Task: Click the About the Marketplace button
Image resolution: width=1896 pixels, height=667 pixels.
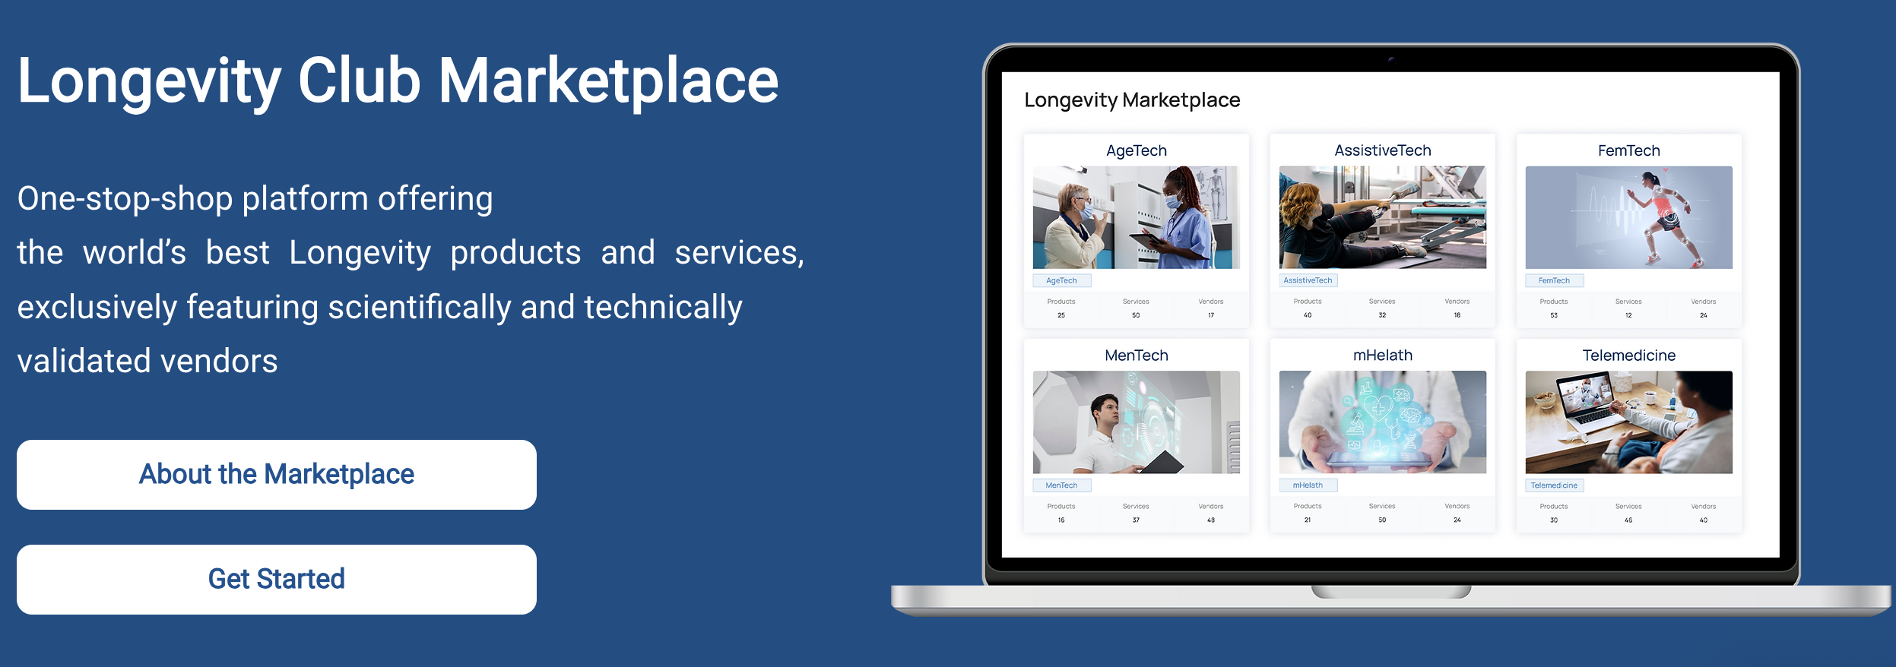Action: click(277, 475)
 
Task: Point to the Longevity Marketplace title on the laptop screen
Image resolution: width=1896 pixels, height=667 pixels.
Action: click(1132, 100)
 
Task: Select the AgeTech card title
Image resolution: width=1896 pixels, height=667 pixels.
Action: click(1137, 150)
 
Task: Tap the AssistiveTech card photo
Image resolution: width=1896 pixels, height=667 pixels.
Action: click(1383, 217)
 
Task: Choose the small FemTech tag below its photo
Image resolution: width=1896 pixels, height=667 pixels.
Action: click(1554, 280)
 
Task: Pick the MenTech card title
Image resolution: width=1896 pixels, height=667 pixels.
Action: click(1137, 356)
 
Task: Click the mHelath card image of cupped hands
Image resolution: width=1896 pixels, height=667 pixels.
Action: click(1383, 422)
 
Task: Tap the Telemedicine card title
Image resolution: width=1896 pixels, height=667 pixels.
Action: click(1629, 356)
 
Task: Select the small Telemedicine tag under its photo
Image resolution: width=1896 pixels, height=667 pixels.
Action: click(1554, 485)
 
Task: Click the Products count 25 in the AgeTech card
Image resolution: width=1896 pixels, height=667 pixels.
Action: click(1061, 315)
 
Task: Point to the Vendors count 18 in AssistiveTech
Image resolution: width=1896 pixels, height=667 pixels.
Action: click(1457, 315)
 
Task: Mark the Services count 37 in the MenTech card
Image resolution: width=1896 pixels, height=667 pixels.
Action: click(1136, 520)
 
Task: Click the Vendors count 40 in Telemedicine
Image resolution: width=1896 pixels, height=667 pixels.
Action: click(1704, 520)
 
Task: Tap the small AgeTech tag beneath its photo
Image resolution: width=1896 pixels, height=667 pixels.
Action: click(1061, 280)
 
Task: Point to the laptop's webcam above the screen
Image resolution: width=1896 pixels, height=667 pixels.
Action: click(1390, 59)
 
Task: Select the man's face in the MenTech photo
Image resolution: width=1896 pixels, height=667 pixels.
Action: click(1106, 414)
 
